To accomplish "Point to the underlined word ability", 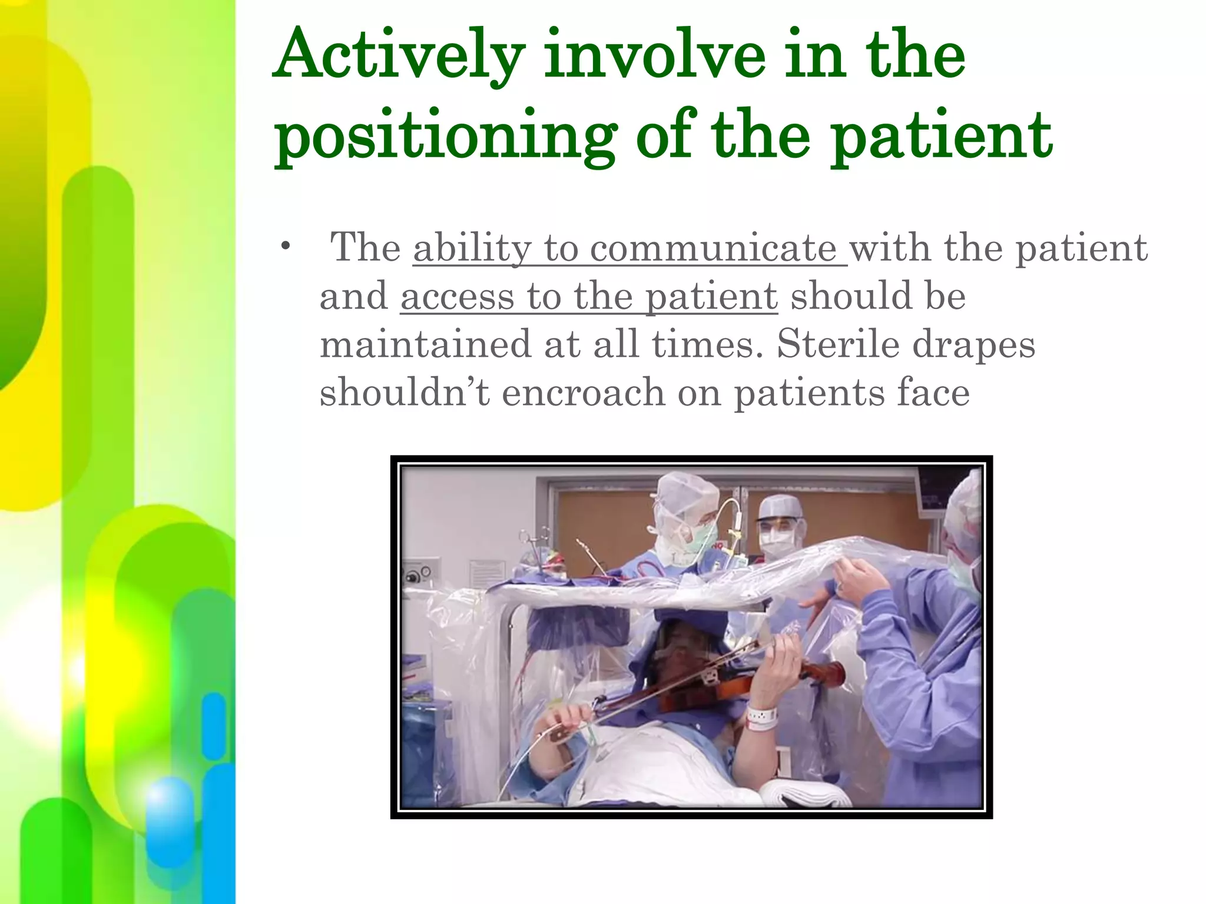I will click(472, 248).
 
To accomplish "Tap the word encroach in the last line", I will click(583, 393).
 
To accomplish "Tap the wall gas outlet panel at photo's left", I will click(418, 574).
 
